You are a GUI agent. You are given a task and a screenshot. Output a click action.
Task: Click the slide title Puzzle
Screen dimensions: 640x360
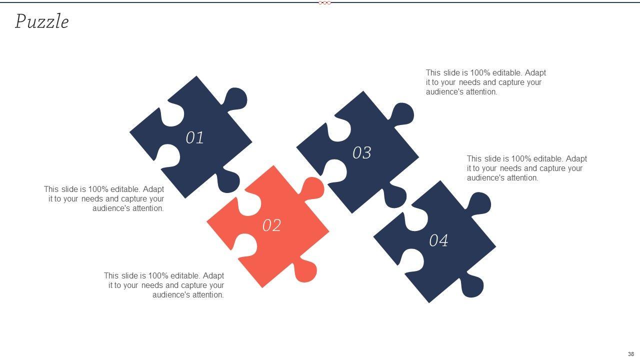pyautogui.click(x=41, y=21)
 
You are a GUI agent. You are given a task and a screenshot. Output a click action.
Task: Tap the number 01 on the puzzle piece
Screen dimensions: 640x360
pyautogui.click(x=194, y=137)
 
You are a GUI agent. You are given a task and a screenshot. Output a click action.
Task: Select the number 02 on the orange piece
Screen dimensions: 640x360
pyautogui.click(x=271, y=225)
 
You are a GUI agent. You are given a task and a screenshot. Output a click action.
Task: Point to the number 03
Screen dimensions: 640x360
pyautogui.click(x=361, y=152)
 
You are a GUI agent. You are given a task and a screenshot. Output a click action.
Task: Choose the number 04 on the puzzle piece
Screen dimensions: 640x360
pyautogui.click(x=438, y=240)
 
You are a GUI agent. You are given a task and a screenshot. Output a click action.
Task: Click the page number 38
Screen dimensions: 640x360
pyautogui.click(x=631, y=354)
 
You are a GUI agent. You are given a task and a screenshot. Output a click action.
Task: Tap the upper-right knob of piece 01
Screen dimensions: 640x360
pyautogui.click(x=235, y=99)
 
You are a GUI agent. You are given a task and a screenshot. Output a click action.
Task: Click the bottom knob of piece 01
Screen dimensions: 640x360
pyautogui.click(x=228, y=180)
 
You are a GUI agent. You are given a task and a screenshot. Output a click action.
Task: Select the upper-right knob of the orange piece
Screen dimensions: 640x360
pyautogui.click(x=312, y=188)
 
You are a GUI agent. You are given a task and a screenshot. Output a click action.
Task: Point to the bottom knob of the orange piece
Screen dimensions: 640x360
pyautogui.click(x=305, y=270)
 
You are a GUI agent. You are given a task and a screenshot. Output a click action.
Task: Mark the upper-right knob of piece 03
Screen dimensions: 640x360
pyautogui.click(x=402, y=114)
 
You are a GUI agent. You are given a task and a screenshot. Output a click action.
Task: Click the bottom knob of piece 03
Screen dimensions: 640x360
pyautogui.click(x=395, y=195)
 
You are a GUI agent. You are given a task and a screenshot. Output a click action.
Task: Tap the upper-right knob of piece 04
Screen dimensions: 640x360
pyautogui.click(x=479, y=203)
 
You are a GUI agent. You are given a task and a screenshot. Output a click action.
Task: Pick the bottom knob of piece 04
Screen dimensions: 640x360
pyautogui.click(x=472, y=285)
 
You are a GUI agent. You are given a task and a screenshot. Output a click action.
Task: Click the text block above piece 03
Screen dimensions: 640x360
pyautogui.click(x=485, y=82)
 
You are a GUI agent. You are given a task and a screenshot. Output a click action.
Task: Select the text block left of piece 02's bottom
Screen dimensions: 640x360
pyautogui.click(x=164, y=285)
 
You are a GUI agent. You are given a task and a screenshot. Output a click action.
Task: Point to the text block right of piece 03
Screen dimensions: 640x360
pyautogui.click(x=526, y=168)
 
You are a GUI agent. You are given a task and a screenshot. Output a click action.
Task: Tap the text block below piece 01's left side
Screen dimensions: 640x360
pyautogui.click(x=104, y=199)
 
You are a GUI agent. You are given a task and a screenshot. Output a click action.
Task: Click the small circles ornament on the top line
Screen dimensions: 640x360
pyautogui.click(x=324, y=3)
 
